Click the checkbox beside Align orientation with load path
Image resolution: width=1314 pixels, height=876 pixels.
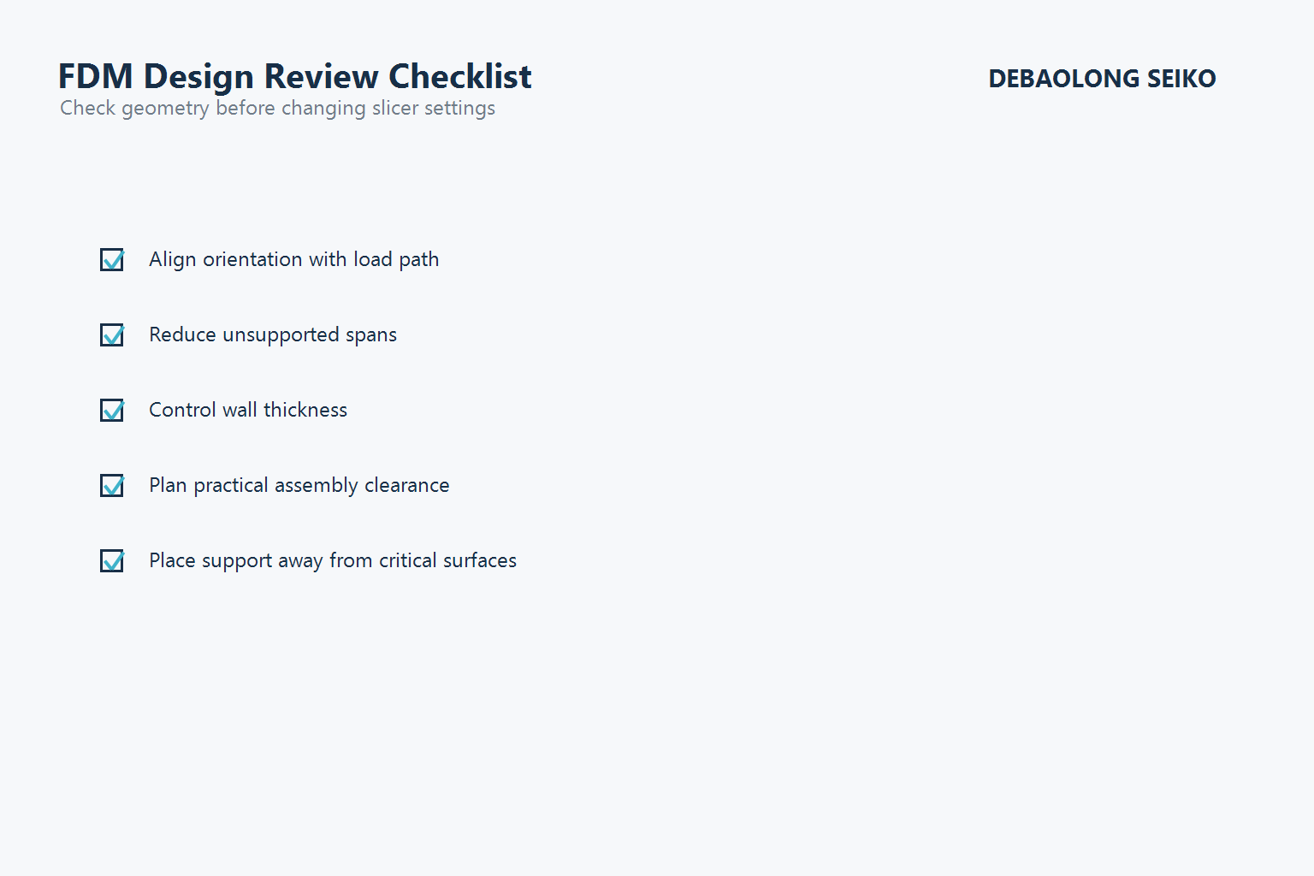pos(112,260)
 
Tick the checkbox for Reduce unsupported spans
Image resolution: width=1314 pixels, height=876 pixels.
pos(112,335)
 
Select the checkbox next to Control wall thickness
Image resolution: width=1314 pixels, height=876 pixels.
pos(112,411)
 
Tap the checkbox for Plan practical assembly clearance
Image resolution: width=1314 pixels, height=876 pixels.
pos(112,486)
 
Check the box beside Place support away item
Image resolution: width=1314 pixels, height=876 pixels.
pos(112,561)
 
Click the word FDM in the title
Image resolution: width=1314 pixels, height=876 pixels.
pos(95,77)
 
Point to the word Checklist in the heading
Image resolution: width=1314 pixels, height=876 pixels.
pos(459,77)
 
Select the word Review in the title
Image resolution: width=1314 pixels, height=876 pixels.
pos(321,77)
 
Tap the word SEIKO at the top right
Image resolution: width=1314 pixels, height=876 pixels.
pos(1181,79)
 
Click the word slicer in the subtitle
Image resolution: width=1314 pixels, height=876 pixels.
pos(395,109)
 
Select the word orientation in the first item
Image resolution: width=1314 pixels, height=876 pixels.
pos(252,259)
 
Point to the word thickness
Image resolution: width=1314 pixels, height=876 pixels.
pos(305,410)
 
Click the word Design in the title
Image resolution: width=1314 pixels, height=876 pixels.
pos(198,77)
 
